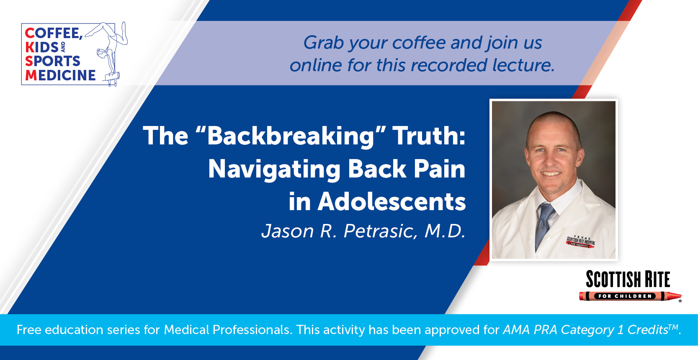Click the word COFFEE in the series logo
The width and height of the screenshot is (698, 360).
coord(54,33)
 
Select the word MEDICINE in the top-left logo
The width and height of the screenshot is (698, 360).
coord(60,75)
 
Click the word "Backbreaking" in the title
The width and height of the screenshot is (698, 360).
coord(291,136)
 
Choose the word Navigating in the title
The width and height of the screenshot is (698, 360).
coord(274,170)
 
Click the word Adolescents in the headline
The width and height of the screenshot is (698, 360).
coord(391,201)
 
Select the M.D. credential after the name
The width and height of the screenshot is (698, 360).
coord(445,231)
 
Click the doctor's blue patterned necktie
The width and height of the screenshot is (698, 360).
coord(544,225)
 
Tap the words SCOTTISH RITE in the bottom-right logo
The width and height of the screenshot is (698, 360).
coord(628,279)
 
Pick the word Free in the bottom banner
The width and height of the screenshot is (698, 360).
coord(28,330)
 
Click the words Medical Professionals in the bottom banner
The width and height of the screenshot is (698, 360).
coord(228,330)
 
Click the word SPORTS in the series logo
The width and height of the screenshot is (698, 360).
coord(53,61)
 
